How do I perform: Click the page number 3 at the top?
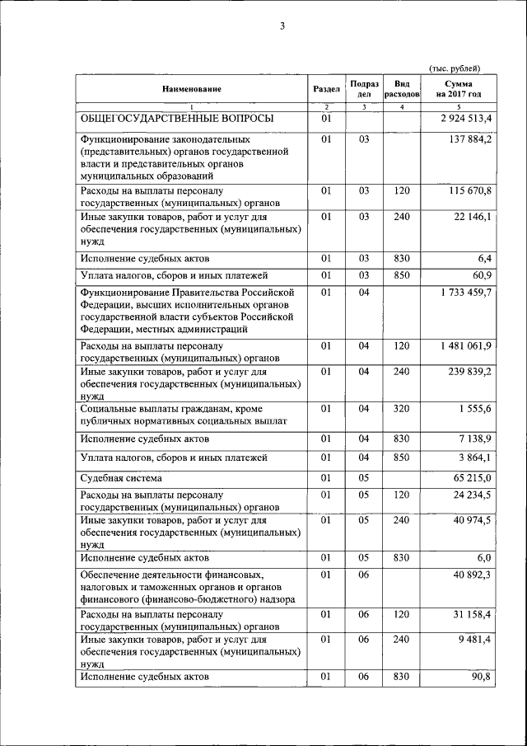pyautogui.click(x=282, y=26)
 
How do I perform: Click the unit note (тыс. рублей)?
pyautogui.click(x=455, y=68)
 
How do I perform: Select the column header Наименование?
pyautogui.click(x=192, y=89)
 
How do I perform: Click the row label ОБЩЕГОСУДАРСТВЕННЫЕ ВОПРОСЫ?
pyautogui.click(x=176, y=120)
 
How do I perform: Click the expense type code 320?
pyautogui.click(x=402, y=409)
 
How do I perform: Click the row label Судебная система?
pyautogui.click(x=120, y=478)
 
